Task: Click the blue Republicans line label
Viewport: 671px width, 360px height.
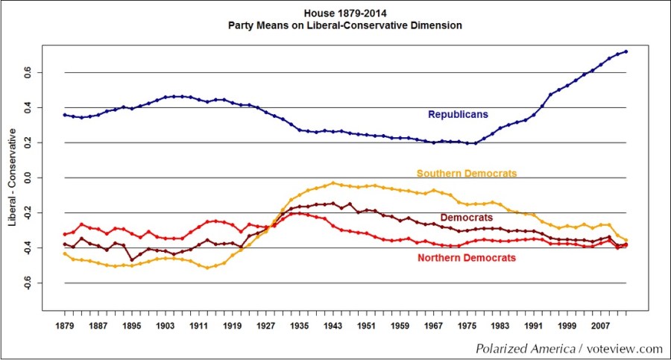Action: (458, 115)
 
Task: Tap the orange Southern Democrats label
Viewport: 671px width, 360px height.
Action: (466, 174)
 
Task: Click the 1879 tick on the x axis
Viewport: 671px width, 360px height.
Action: (65, 326)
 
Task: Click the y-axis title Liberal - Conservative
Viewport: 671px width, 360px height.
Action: (13, 178)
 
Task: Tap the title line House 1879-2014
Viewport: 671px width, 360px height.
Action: (345, 13)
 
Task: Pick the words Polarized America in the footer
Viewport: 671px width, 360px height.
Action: (520, 349)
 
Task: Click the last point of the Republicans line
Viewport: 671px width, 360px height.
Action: (626, 51)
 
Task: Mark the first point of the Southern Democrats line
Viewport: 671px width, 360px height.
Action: (65, 253)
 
